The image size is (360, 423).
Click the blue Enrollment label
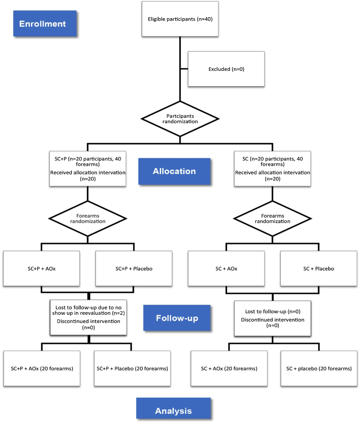[x=45, y=23]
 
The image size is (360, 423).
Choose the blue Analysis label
[x=173, y=410]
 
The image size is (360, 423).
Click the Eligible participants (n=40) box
[x=180, y=19]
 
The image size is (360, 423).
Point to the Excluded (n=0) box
[x=226, y=69]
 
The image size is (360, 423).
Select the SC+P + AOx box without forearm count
[x=41, y=269]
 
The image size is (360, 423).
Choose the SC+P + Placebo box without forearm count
[x=134, y=269]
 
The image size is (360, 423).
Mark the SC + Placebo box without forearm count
[x=318, y=269]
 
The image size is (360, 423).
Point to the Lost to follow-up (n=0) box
[x=272, y=318]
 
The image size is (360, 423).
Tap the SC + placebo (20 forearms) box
[x=318, y=368]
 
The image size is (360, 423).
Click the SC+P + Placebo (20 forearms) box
[x=133, y=368]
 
